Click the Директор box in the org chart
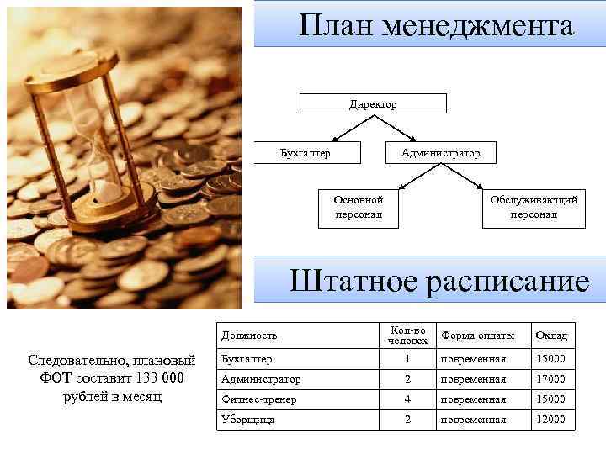(x=373, y=104)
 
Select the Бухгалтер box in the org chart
(x=305, y=153)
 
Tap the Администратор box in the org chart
(x=440, y=153)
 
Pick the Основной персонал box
(x=358, y=207)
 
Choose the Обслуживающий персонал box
(x=533, y=207)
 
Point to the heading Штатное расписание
(x=439, y=281)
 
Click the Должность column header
(x=249, y=335)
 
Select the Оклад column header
(x=551, y=335)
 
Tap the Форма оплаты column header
(x=477, y=335)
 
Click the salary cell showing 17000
(x=551, y=379)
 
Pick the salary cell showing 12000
(x=551, y=419)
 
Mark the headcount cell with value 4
(x=407, y=399)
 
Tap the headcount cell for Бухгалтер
(x=407, y=359)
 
